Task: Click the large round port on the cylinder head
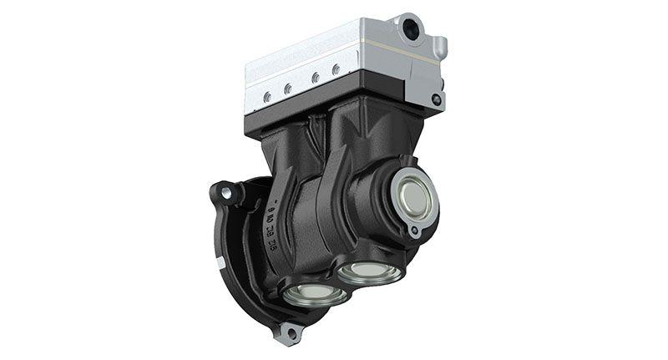411,30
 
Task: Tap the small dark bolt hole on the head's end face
436,99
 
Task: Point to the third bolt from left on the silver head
314,78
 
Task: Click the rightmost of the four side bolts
335,70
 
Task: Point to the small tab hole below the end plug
413,231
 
